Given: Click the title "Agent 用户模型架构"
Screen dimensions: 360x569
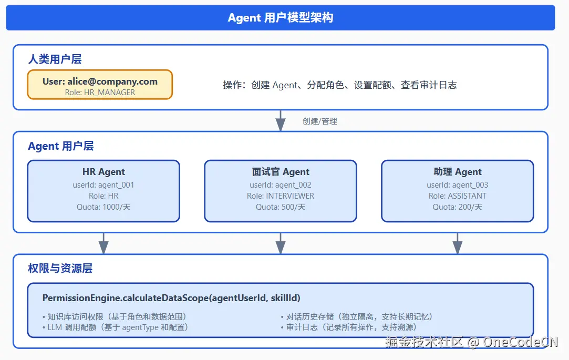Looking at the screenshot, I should [x=280, y=18].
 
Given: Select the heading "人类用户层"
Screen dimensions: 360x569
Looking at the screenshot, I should [x=55, y=59].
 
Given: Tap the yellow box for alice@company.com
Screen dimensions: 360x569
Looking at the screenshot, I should [x=100, y=85].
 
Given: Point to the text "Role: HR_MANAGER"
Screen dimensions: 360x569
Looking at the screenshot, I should [x=100, y=92].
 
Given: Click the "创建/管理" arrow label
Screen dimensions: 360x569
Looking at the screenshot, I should [x=319, y=121].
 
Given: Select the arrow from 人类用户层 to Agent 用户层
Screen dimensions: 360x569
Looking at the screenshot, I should [x=281, y=121].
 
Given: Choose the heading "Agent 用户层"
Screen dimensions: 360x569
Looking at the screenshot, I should [x=61, y=146].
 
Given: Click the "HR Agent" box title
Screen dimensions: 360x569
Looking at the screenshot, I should [x=104, y=172].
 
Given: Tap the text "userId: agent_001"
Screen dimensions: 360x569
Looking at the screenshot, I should [x=104, y=185].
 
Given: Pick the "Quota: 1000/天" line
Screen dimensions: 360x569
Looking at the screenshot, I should [x=104, y=207].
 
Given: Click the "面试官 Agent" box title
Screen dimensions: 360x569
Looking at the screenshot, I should [x=281, y=172].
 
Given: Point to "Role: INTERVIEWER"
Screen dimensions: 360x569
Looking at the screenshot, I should [x=281, y=196].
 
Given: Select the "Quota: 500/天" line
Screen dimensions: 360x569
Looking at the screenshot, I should [x=281, y=207].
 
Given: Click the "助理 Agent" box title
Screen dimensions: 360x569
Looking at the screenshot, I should [x=458, y=172].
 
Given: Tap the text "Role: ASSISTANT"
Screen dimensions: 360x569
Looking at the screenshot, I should [x=458, y=196].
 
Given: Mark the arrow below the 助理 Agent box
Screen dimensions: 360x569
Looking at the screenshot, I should [x=458, y=243].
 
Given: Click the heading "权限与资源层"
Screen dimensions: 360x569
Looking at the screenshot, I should [x=60, y=269].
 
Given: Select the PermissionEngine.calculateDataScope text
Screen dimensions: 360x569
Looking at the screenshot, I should [x=171, y=298].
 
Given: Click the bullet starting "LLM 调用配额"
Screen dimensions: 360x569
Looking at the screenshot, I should [x=115, y=327].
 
